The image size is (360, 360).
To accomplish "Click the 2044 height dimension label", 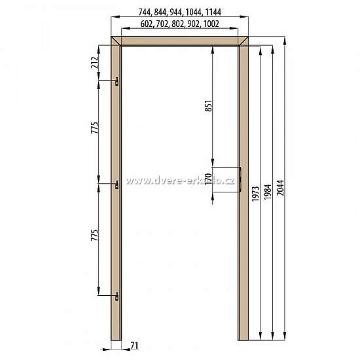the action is [x=280, y=188].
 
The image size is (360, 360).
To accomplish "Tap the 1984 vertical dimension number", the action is [x=268, y=192].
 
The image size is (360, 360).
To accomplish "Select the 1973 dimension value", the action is [x=255, y=194].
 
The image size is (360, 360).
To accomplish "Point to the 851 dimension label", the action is [x=208, y=105].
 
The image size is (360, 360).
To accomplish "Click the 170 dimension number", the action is [x=208, y=179].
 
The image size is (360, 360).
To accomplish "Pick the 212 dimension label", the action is [x=95, y=62].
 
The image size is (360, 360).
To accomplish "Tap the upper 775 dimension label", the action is [x=95, y=128].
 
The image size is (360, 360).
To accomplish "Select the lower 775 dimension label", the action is [x=95, y=235].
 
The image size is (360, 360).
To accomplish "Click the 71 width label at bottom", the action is [x=135, y=346].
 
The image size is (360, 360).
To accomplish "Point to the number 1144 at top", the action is [x=213, y=12].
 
